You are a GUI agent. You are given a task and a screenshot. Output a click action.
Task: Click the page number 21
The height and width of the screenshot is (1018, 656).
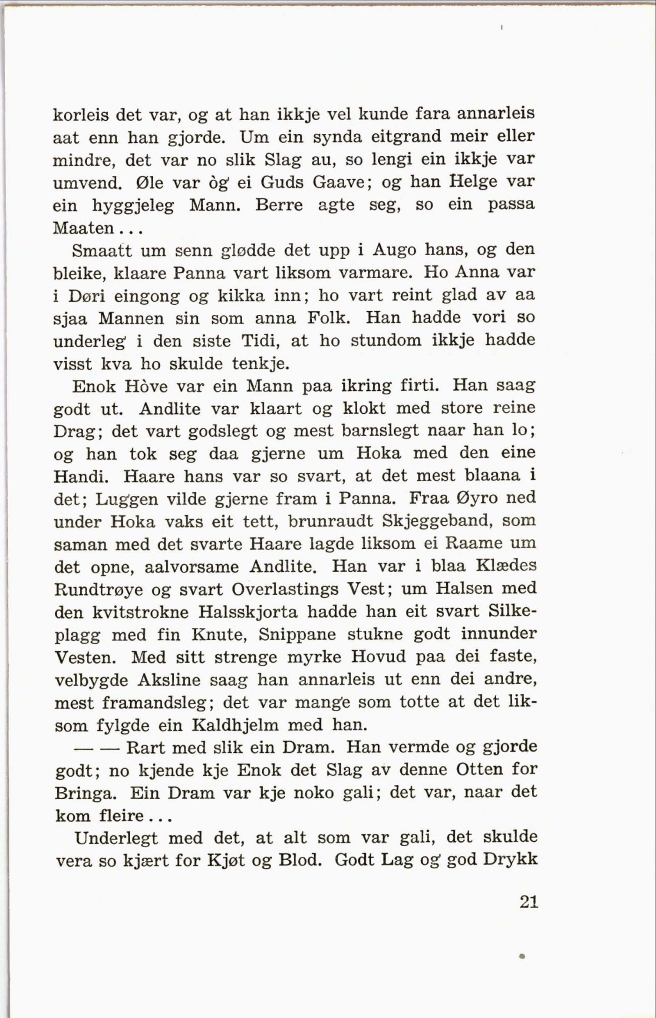[x=528, y=902]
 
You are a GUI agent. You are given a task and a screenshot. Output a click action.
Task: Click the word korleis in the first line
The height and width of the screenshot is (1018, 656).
[x=79, y=115]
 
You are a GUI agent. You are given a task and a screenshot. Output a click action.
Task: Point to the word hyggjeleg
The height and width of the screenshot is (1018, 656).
[x=133, y=206]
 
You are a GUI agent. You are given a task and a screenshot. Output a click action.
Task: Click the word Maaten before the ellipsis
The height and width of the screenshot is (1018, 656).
[x=83, y=228]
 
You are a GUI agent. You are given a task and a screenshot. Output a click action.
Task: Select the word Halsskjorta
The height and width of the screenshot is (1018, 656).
[x=248, y=612]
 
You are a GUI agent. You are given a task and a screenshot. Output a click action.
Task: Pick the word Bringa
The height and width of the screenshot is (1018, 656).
[x=86, y=794]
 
